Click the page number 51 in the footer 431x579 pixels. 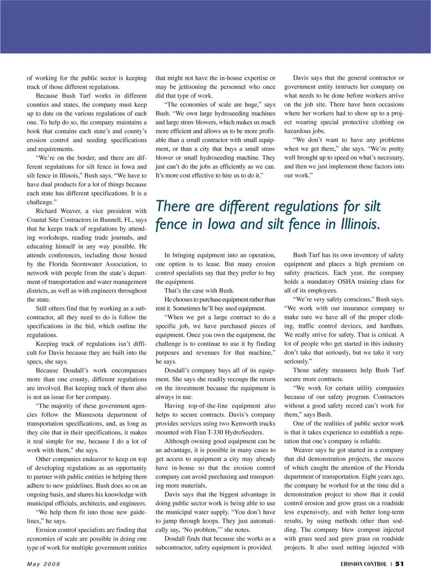399,564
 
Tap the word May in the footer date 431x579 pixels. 33,564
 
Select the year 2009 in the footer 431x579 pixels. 52,564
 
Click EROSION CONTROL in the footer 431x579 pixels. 363,564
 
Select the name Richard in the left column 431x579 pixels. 46,211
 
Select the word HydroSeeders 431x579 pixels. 246,433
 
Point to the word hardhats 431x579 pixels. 391,326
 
